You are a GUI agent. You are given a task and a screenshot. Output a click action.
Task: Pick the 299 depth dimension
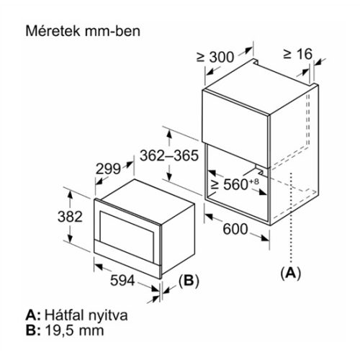109,170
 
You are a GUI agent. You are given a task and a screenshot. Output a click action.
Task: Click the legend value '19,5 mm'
74,330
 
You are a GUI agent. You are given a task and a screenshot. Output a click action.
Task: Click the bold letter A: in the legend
31,316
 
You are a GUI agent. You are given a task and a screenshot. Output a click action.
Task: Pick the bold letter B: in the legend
31,330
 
